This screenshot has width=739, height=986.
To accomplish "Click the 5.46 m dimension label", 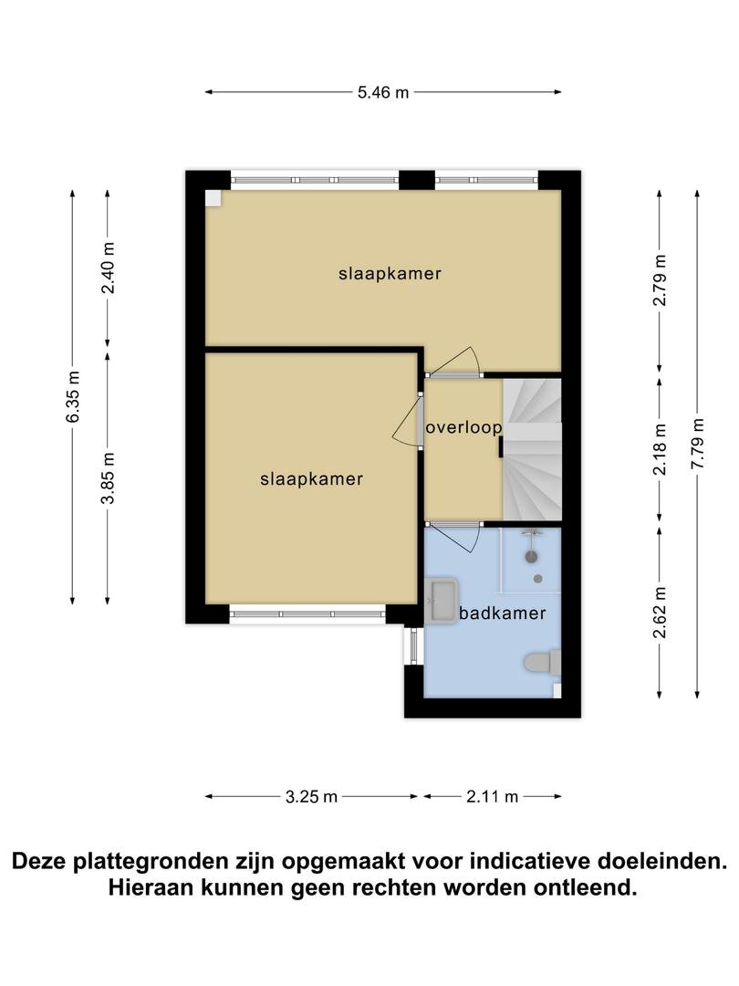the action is click(x=382, y=92).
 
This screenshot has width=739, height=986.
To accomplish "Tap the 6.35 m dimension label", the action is click(x=73, y=397).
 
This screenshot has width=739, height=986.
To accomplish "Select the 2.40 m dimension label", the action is click(x=108, y=267).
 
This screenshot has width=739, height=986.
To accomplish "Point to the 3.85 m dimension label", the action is click(x=108, y=477).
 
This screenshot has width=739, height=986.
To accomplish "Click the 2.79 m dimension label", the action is click(x=660, y=280).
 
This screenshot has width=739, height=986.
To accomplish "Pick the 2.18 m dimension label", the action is click(x=660, y=449).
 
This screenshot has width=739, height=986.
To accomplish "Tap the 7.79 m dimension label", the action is click(x=697, y=443).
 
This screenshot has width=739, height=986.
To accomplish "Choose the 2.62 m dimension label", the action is click(x=660, y=613).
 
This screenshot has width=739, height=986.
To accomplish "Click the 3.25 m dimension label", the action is click(x=311, y=797).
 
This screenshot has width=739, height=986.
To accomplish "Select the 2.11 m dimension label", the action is click(x=492, y=797).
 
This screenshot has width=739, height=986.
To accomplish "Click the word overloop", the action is click(x=463, y=428).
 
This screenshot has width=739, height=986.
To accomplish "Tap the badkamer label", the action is click(x=502, y=614).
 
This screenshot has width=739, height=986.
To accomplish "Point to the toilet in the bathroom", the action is click(x=542, y=663).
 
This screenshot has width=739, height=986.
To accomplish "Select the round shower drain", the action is click(x=538, y=579).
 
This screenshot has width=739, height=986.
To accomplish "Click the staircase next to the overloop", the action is click(x=532, y=449).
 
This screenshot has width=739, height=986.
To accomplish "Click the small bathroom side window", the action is click(x=413, y=645).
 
